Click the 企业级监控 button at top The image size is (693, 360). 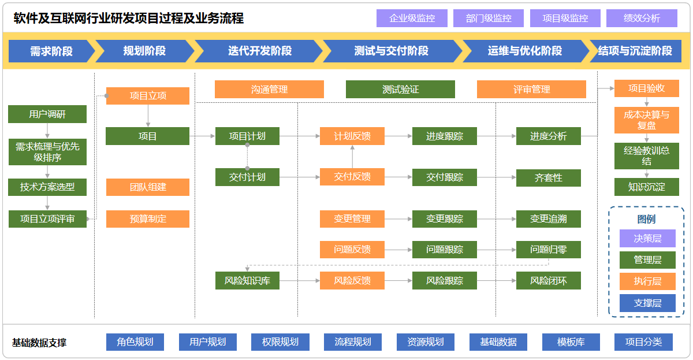412,18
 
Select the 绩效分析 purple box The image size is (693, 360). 642,18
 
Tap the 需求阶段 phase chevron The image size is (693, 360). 51,51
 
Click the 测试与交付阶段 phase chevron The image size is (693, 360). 391,51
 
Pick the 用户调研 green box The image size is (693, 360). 47,114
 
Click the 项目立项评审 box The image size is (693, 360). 47,219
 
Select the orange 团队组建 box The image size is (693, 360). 148,187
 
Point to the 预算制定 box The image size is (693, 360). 148,219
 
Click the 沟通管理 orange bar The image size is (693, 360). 269,90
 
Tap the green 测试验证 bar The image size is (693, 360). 400,90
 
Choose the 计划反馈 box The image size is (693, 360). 352,136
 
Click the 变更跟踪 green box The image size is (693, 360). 445,219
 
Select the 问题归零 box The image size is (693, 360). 549,250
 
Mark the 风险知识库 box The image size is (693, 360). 247,281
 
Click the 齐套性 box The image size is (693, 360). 549,177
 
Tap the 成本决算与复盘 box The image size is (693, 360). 647,120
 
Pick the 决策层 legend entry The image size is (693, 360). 647,238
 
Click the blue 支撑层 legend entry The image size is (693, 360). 647,303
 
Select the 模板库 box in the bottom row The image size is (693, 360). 571,342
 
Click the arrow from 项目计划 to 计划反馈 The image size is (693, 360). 300,136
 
